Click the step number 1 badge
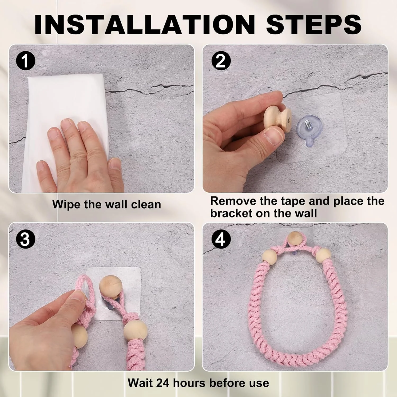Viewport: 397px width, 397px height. [x=25, y=61]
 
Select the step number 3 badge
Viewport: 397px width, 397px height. [x=25, y=240]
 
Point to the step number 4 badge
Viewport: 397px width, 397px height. [x=220, y=240]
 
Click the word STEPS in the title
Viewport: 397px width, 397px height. [x=314, y=24]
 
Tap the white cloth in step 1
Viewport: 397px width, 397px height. [x=66, y=127]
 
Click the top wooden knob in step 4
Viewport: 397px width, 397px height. [x=294, y=238]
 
